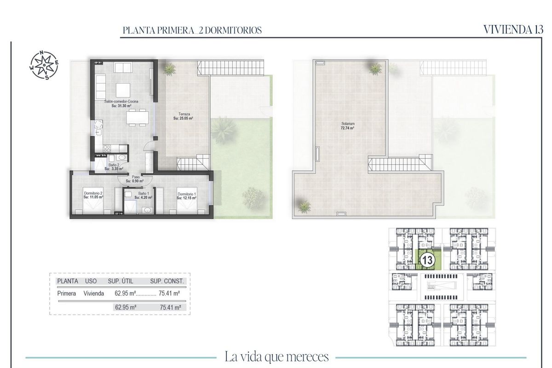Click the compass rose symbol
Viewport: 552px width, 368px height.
click(44, 65)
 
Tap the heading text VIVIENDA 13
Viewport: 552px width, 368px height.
click(514, 29)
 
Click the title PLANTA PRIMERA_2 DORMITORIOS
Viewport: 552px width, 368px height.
click(192, 30)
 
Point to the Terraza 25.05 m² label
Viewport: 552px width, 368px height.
click(183, 115)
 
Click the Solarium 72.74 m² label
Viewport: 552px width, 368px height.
click(347, 126)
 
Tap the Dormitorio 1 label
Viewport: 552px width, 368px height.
click(187, 196)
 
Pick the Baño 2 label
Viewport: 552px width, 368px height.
click(114, 167)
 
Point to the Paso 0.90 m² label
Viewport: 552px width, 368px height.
click(136, 178)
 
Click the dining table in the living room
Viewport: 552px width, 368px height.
click(137, 117)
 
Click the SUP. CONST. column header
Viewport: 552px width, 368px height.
click(167, 281)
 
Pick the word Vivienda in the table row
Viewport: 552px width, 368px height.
click(94, 293)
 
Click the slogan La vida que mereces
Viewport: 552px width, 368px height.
click(276, 356)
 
